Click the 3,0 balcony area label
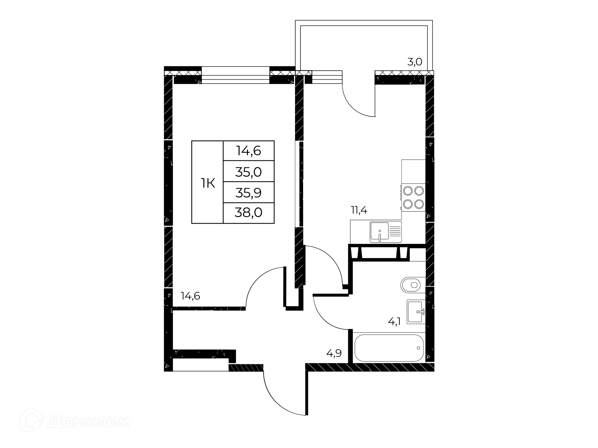[x=415, y=62]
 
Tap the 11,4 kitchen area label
[x=359, y=210]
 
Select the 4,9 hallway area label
[x=334, y=353]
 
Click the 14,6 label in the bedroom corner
[x=190, y=296]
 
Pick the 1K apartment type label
[x=208, y=184]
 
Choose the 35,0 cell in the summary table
[x=249, y=172]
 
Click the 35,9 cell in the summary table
[x=249, y=193]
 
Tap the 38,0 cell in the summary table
[x=249, y=213]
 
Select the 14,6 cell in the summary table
[x=249, y=151]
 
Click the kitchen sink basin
[x=379, y=232]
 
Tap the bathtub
[x=389, y=348]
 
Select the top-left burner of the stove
[x=407, y=190]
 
